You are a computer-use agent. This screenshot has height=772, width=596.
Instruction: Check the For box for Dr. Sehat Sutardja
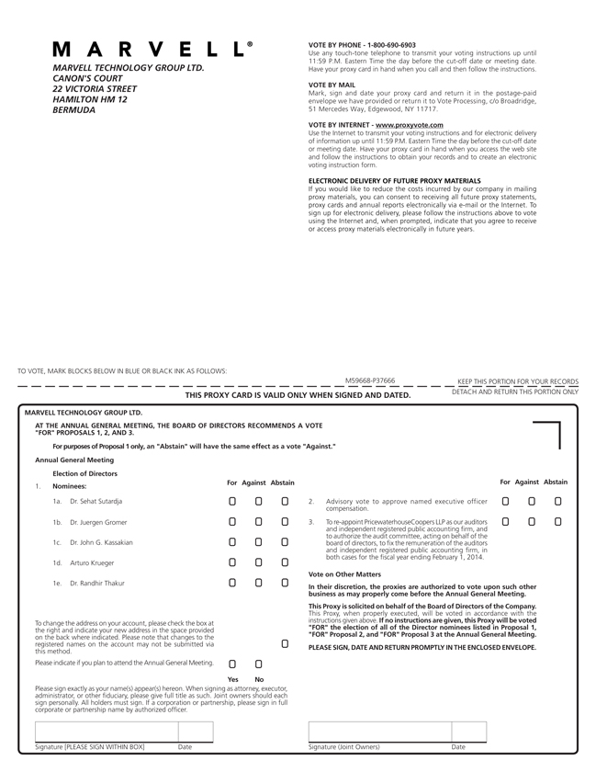tap(232, 502)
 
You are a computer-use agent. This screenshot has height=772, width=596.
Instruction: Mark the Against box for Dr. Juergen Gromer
tap(259, 522)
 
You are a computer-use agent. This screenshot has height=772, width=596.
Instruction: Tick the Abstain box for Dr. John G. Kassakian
tap(285, 542)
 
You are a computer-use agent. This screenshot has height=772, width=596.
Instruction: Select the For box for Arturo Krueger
tap(232, 562)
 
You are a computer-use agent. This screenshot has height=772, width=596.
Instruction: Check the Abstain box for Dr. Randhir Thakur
tap(285, 583)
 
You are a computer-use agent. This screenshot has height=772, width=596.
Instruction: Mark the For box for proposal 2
tap(505, 502)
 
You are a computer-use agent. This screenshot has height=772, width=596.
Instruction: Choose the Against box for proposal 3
tap(532, 522)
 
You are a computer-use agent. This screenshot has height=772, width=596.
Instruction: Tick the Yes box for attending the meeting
tap(232, 664)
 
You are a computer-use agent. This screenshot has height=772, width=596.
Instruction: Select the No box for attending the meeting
tap(259, 664)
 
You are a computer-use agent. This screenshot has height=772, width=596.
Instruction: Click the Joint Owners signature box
tap(378, 732)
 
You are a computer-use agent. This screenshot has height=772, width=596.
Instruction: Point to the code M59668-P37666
tap(370, 380)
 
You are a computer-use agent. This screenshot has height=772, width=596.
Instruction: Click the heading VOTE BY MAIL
tap(332, 85)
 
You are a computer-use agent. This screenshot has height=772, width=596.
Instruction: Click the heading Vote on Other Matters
tap(344, 574)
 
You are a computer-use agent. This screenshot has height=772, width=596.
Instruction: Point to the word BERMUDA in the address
tap(74, 110)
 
